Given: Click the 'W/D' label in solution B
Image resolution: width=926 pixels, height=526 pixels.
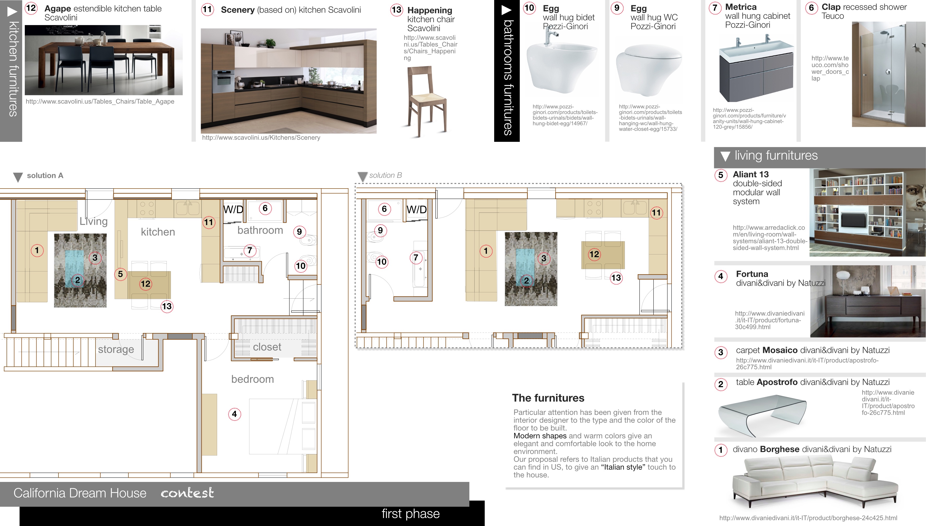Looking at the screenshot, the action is [x=416, y=209].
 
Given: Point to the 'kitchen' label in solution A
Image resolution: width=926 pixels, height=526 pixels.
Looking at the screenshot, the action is [x=158, y=232].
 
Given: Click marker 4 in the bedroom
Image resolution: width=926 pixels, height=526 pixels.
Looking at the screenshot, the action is [x=234, y=414].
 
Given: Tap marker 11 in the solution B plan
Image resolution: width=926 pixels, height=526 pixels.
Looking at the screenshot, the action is [x=656, y=213].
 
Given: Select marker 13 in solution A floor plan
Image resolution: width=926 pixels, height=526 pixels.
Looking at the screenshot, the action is [x=167, y=306].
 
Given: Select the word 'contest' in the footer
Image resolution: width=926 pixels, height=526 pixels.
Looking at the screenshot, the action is [x=187, y=493].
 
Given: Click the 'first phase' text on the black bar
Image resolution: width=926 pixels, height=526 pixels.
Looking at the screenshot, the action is [x=411, y=514].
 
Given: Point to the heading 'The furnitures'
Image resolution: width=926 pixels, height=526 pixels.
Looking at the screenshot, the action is [x=548, y=398].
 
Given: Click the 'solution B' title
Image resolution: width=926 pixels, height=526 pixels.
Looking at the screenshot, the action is [x=385, y=175].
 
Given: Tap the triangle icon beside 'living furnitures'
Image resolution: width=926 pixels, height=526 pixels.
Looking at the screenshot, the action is [x=725, y=156].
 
